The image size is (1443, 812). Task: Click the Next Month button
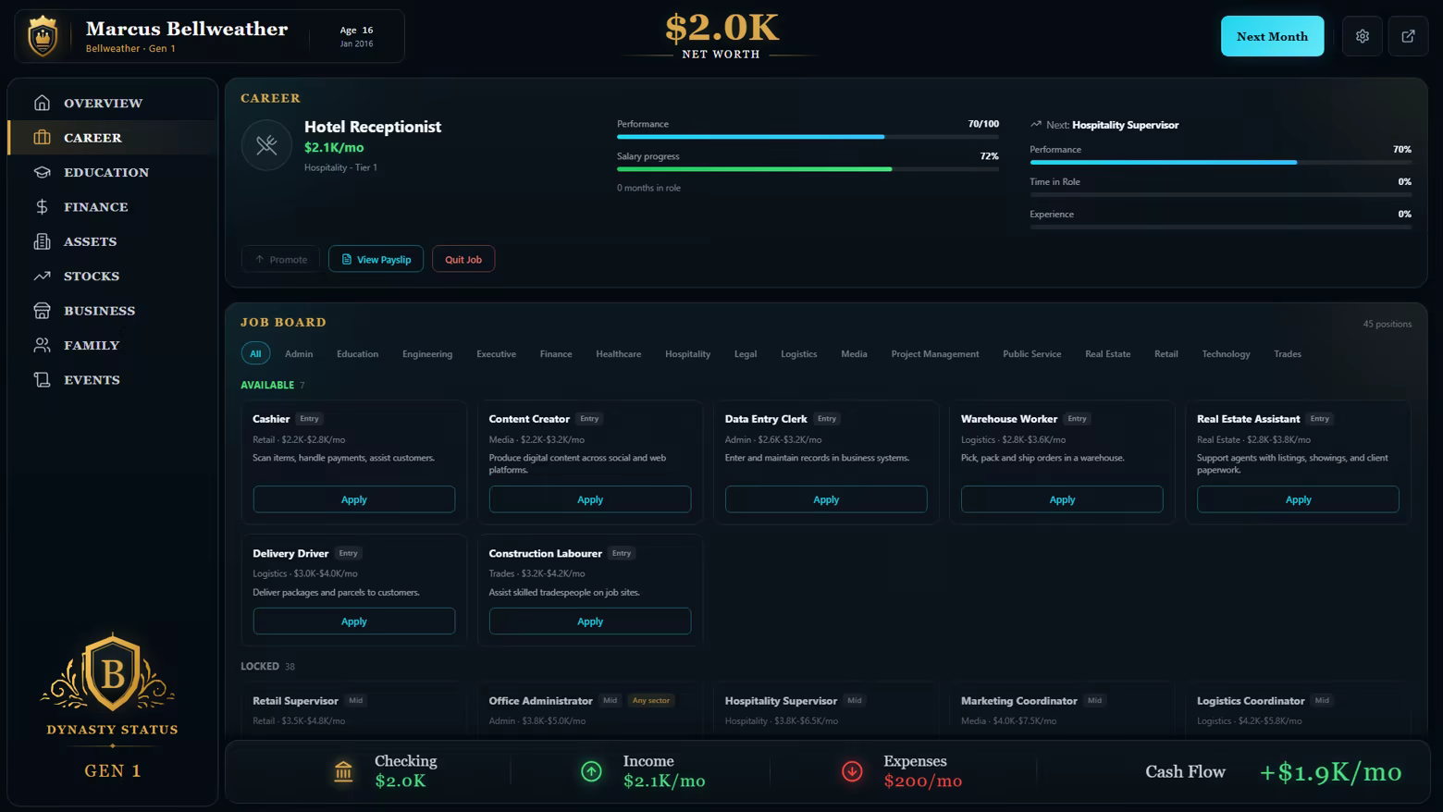click(1272, 36)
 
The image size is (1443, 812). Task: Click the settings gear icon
click(1362, 36)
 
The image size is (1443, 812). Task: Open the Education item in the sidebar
click(106, 172)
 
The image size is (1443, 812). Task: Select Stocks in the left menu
click(92, 276)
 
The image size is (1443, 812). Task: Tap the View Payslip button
click(376, 259)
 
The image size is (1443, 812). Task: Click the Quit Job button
click(463, 259)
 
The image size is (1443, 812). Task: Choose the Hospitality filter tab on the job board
click(687, 353)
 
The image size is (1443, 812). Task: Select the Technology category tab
click(1226, 353)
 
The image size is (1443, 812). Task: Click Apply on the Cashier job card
click(353, 499)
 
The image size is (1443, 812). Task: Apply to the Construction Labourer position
click(589, 621)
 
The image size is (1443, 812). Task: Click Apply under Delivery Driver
click(353, 621)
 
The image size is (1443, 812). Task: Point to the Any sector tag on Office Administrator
click(650, 700)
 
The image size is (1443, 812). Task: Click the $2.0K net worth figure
click(721, 29)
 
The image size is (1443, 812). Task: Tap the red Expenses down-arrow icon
click(852, 770)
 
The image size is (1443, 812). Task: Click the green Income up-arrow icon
click(591, 770)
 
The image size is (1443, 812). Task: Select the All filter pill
click(255, 353)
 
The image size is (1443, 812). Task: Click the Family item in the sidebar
click(92, 345)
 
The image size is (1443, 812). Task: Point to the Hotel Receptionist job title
click(373, 126)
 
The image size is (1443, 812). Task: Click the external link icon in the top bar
click(1408, 36)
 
